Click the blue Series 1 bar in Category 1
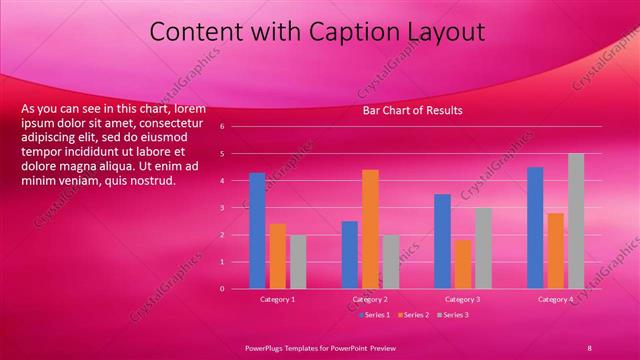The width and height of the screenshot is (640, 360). point(258,231)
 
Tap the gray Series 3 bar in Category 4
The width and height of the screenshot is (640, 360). point(576,221)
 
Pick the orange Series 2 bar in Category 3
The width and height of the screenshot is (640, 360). point(463,264)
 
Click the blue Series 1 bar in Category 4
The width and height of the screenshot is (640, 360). point(535,228)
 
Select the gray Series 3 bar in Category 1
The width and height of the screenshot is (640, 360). point(298,262)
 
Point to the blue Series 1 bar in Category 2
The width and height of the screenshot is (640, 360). point(350,255)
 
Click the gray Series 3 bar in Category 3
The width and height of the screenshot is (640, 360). point(483,248)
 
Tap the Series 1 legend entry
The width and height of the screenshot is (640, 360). point(374,315)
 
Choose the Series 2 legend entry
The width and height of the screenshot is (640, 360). point(413,315)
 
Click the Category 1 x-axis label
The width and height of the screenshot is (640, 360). point(278,299)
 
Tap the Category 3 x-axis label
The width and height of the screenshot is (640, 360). point(463,299)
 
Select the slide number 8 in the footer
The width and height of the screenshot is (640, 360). point(589,347)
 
